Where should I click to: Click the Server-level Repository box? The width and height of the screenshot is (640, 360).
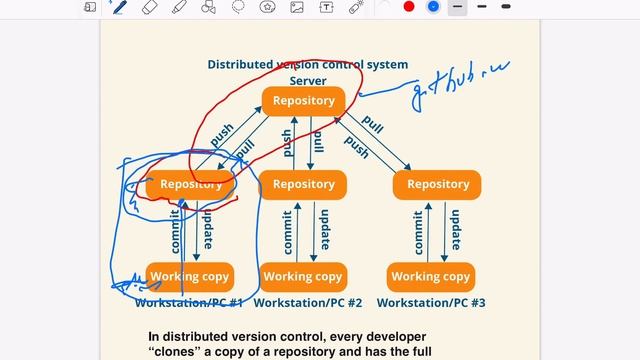(303, 101)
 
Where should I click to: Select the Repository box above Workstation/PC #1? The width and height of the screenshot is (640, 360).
(190, 184)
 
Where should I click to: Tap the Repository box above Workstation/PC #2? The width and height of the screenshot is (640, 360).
(303, 184)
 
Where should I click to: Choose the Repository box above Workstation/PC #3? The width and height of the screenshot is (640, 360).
(437, 184)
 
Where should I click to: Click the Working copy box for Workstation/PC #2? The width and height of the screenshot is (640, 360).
(302, 276)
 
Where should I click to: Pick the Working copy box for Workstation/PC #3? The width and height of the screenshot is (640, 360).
(430, 276)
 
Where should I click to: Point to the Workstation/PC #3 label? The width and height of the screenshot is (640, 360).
(431, 302)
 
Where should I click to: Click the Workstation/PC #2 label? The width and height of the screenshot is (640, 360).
(306, 302)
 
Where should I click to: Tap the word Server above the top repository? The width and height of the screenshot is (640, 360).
(308, 80)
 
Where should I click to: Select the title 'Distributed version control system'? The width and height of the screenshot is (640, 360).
(307, 64)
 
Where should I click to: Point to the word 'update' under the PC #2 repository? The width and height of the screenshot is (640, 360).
(323, 230)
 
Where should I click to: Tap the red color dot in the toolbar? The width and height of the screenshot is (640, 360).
(409, 7)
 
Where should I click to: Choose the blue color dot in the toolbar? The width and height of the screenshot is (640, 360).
(433, 7)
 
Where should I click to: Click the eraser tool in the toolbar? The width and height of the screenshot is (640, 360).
(150, 7)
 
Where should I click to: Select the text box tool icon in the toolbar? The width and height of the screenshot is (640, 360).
(326, 7)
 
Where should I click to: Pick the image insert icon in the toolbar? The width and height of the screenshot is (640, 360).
(297, 7)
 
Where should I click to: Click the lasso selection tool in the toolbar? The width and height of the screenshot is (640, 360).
(238, 7)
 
